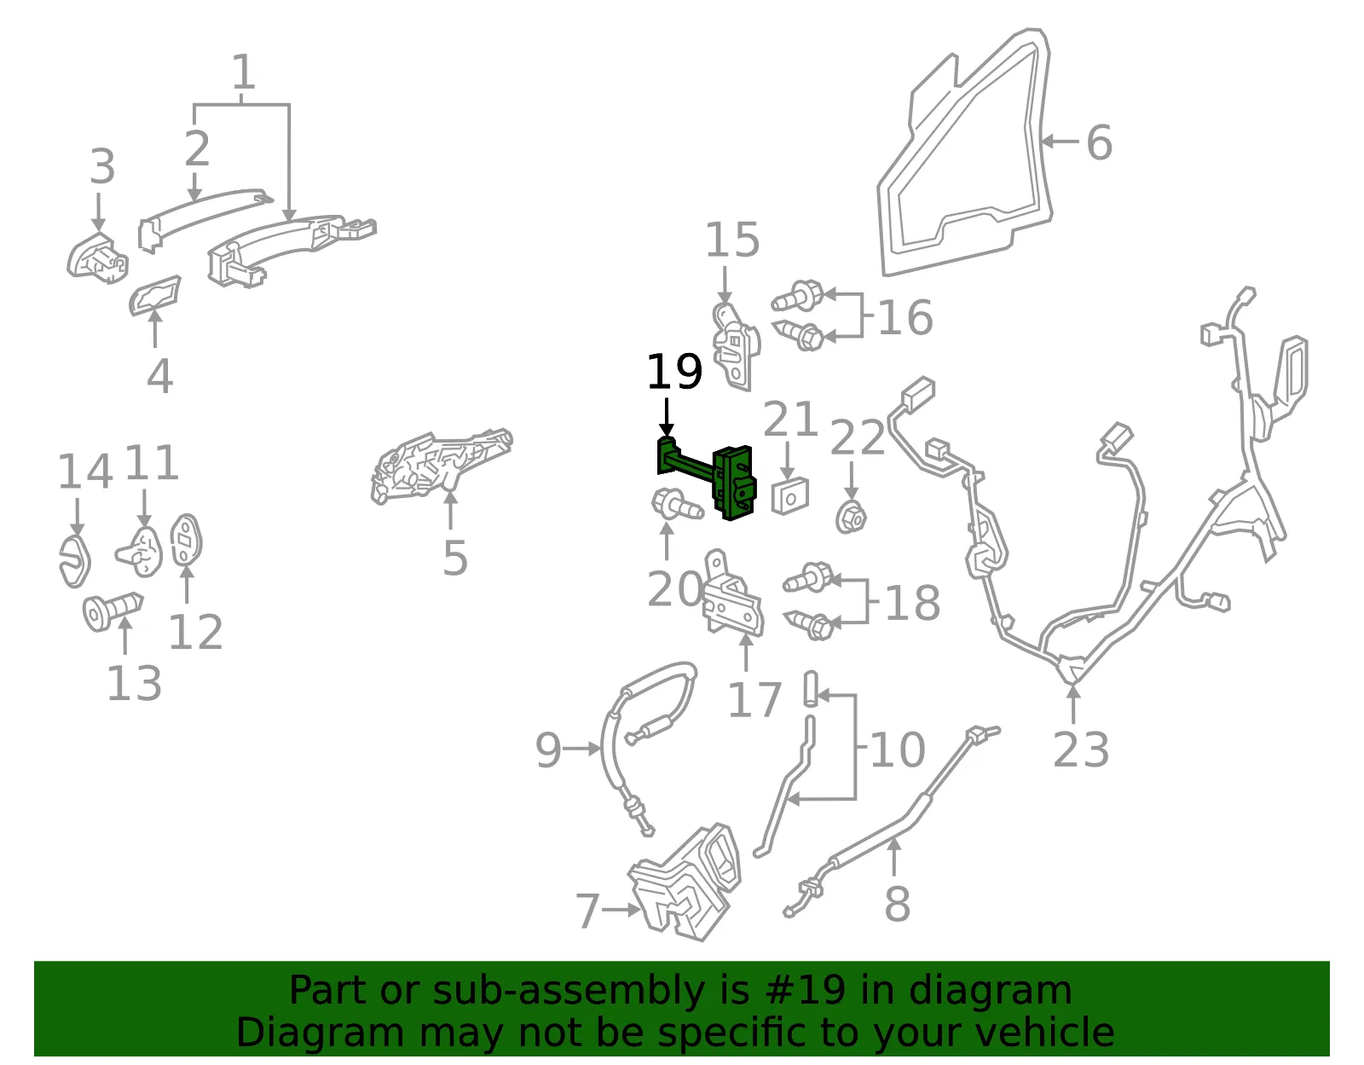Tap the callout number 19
pyautogui.click(x=674, y=372)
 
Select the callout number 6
pyautogui.click(x=1099, y=142)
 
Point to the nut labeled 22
pyautogui.click(x=851, y=518)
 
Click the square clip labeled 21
pyautogui.click(x=789, y=496)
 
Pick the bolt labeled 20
pyautogui.click(x=677, y=505)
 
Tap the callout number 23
pyautogui.click(x=1081, y=750)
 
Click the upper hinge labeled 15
pyautogui.click(x=736, y=346)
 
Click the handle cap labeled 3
pyautogui.click(x=97, y=258)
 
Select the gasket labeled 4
pyautogui.click(x=155, y=295)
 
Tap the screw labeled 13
pyautogui.click(x=113, y=611)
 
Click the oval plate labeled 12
pyautogui.click(x=187, y=540)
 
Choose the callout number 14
pyautogui.click(x=84, y=472)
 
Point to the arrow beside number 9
pyautogui.click(x=582, y=749)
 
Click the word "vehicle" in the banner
pyautogui.click(x=1041, y=1033)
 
